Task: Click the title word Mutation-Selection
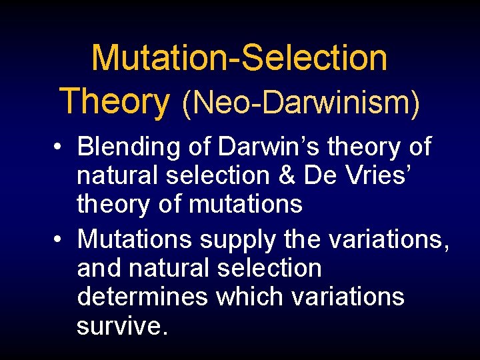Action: click(239, 58)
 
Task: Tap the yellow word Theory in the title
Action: click(115, 101)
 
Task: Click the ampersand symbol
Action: click(287, 176)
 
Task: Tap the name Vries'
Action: click(377, 176)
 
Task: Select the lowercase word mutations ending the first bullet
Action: click(246, 204)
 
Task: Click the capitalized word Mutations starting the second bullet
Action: click(135, 239)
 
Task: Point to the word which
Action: click(249, 296)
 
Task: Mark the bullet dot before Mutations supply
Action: click(59, 239)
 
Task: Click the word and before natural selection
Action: click(99, 268)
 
